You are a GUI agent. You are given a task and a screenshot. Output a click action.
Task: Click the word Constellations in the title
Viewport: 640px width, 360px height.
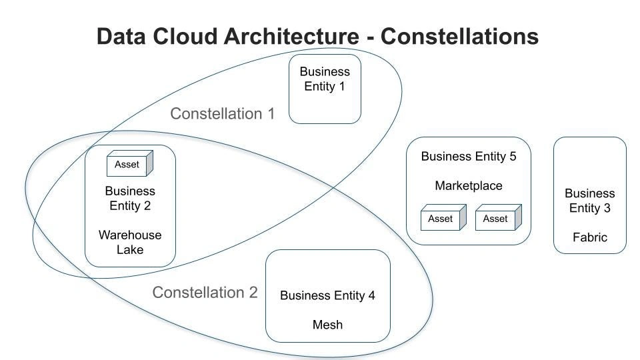click(x=459, y=36)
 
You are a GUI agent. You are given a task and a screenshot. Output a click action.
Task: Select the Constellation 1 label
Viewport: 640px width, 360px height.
click(x=222, y=114)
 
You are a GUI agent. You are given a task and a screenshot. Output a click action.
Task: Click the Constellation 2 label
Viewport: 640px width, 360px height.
click(x=205, y=293)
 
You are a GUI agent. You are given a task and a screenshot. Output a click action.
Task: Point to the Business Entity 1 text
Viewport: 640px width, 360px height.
click(x=325, y=79)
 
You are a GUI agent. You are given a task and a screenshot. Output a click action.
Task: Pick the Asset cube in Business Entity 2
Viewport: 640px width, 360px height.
click(x=130, y=164)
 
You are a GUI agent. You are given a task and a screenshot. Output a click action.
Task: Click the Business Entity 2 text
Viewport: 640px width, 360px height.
click(x=130, y=199)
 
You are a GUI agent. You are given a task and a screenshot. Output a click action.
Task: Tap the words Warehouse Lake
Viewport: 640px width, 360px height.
click(x=130, y=242)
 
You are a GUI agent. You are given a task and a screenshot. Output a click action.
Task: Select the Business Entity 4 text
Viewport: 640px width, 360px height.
click(x=327, y=295)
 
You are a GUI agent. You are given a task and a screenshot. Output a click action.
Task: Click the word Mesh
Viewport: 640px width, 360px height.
click(x=327, y=325)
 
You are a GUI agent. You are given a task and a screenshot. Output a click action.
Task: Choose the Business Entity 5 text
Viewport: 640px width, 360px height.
click(x=469, y=157)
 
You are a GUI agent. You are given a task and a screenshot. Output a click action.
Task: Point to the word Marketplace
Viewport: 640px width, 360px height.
click(x=469, y=185)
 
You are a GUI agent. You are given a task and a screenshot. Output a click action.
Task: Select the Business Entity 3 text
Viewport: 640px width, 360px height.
click(x=590, y=201)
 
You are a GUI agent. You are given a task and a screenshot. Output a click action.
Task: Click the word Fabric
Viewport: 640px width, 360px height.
click(x=590, y=237)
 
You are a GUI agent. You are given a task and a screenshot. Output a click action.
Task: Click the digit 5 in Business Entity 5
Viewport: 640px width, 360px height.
click(x=513, y=157)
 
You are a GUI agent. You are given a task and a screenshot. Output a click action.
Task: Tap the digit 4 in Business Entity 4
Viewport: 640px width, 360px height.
click(x=371, y=295)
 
